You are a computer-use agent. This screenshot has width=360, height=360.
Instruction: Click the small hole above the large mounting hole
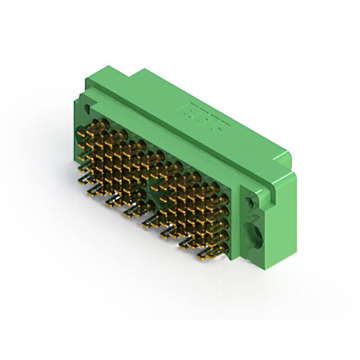tap(249, 200)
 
